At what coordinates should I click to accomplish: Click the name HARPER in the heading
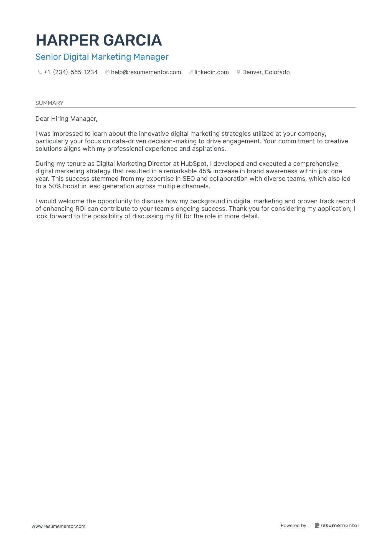(x=67, y=40)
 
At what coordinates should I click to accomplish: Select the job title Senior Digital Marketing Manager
(x=102, y=57)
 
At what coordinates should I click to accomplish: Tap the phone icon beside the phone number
(x=40, y=72)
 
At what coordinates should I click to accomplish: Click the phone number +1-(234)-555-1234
(x=71, y=72)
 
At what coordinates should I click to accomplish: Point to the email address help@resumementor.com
(x=146, y=72)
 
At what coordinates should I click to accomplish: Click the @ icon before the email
(x=107, y=72)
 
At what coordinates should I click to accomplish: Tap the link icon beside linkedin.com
(x=191, y=72)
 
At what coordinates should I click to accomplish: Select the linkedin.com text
(x=212, y=72)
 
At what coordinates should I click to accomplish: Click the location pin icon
(x=238, y=72)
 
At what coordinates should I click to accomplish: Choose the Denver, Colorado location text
(x=266, y=72)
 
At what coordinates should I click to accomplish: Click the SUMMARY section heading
(x=49, y=103)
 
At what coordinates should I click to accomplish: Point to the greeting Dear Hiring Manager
(x=66, y=119)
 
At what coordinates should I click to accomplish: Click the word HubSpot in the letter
(x=194, y=164)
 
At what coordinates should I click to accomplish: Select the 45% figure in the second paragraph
(x=205, y=171)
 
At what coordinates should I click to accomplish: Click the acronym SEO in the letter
(x=189, y=179)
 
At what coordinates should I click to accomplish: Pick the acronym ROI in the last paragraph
(x=80, y=209)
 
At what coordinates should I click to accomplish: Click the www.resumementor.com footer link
(x=59, y=527)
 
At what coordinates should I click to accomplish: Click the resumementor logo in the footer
(x=337, y=525)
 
